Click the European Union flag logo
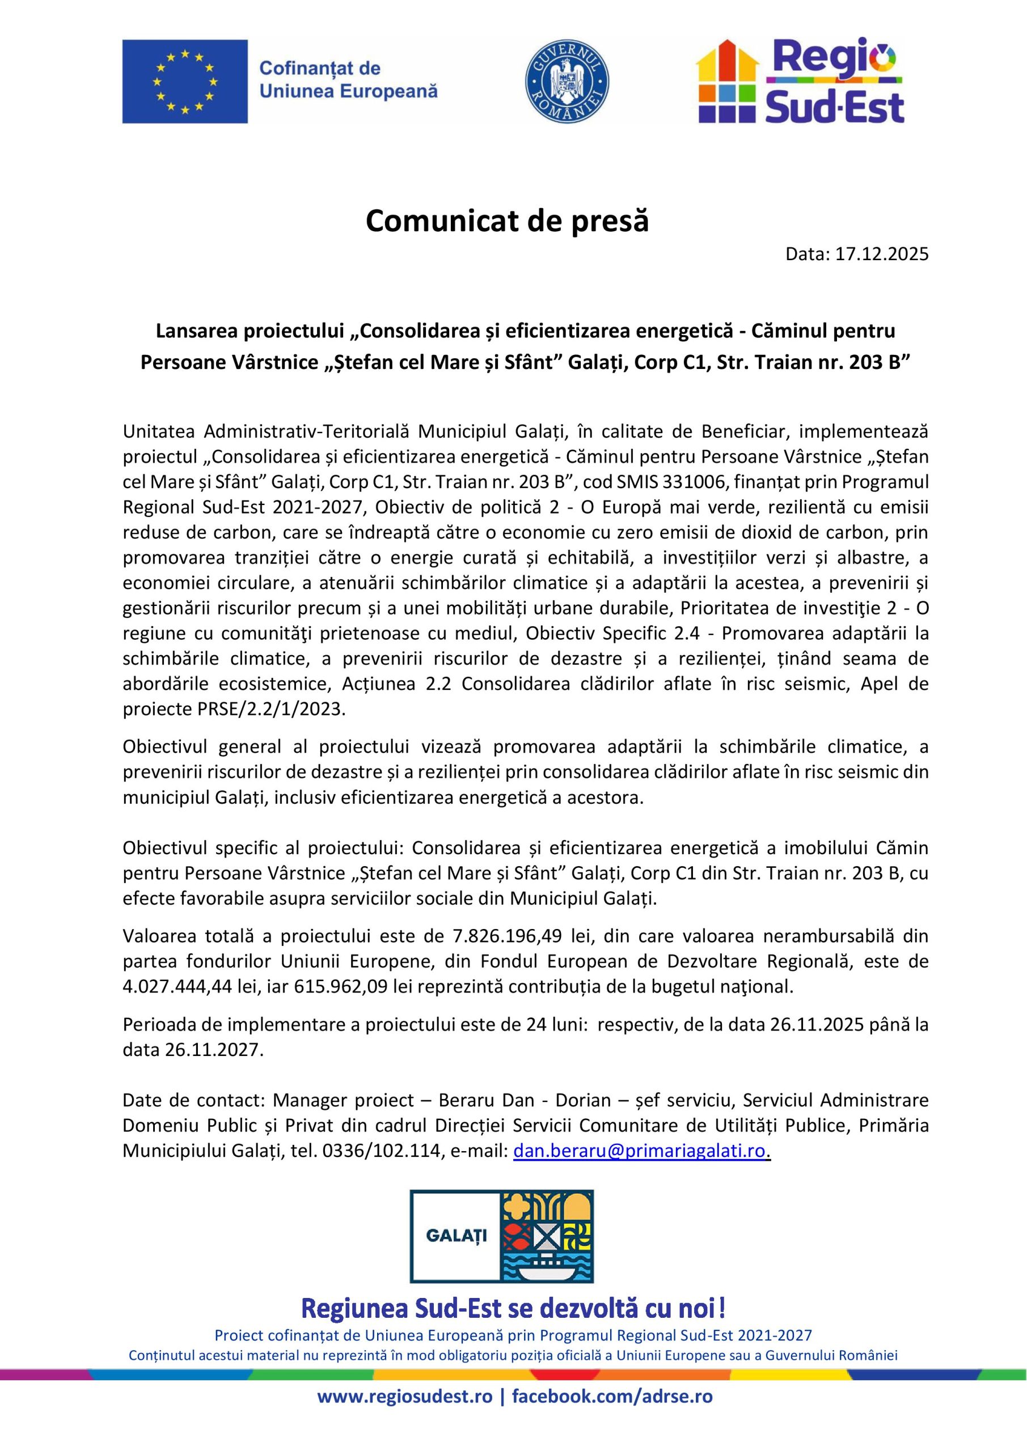coord(185,82)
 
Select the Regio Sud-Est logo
coord(801,81)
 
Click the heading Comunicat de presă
coord(507,221)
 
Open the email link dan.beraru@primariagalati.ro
coord(639,1151)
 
